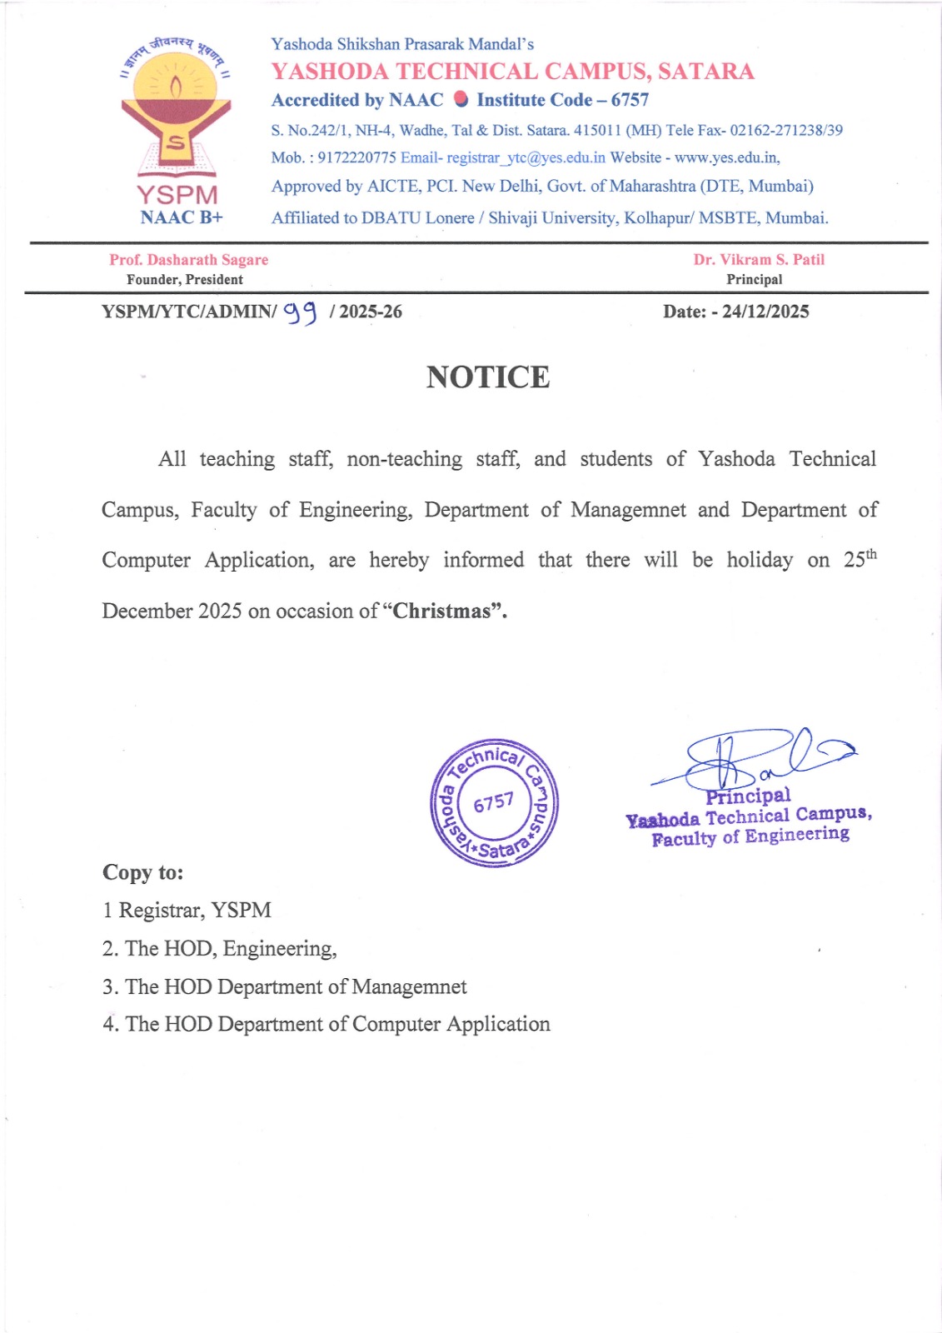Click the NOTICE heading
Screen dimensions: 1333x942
coord(488,377)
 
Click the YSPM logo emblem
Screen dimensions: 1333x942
coord(177,108)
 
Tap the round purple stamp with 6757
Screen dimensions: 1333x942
coord(494,803)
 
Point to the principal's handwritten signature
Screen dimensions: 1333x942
coord(754,756)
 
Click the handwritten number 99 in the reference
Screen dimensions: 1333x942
coord(301,312)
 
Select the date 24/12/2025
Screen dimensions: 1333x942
coord(765,312)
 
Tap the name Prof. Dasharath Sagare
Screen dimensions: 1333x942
coord(189,260)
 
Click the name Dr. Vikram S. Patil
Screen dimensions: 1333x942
coord(759,260)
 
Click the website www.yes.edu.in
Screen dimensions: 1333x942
coord(726,157)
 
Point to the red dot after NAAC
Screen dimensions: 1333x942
coord(461,99)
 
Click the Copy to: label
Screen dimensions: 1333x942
coord(143,872)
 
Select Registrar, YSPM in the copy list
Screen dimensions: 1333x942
coord(195,910)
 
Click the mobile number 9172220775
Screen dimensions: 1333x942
coord(356,157)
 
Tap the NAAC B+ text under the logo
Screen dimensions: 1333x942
coord(182,217)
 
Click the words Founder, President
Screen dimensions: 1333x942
coord(185,280)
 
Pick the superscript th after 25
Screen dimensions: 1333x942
coord(871,553)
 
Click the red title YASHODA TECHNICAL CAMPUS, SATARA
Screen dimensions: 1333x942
coord(513,72)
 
